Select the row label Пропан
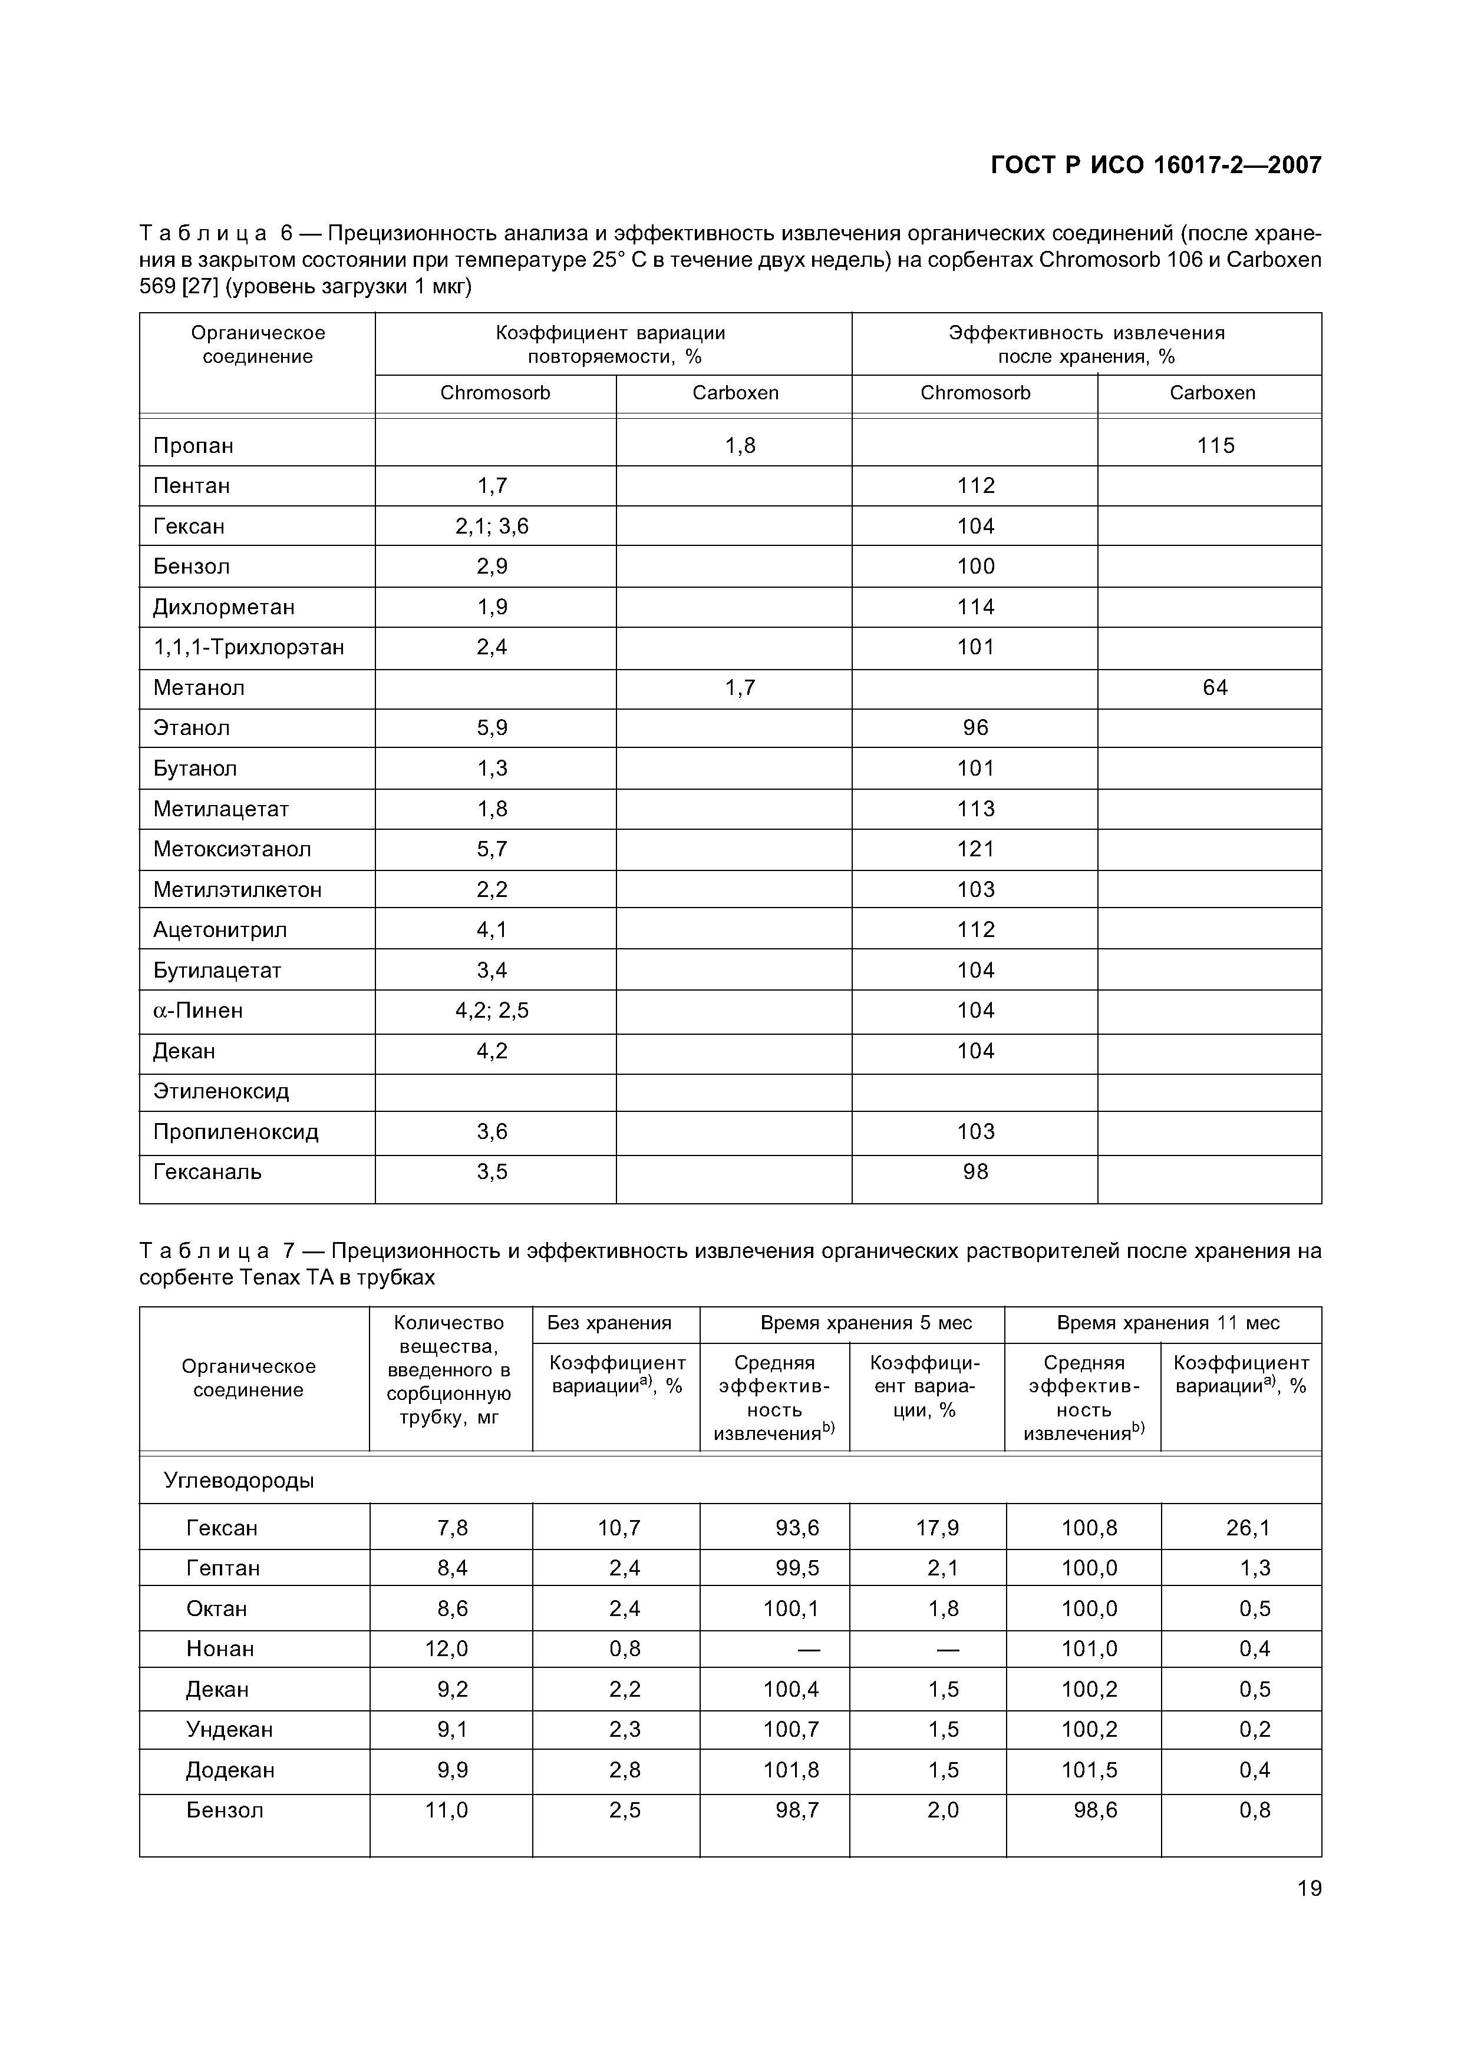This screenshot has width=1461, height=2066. (x=193, y=445)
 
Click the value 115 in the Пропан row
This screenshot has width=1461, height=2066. (x=1215, y=445)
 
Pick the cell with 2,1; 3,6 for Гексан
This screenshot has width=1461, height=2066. (x=492, y=527)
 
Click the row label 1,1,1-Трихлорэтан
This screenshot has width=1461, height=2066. (x=249, y=647)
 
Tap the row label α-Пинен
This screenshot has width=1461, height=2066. (x=198, y=1011)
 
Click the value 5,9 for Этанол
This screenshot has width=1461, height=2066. (x=492, y=727)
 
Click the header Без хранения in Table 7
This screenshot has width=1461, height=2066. (x=609, y=1323)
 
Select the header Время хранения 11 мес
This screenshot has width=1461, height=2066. (x=1168, y=1323)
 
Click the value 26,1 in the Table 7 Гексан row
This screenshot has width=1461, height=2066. (x=1248, y=1528)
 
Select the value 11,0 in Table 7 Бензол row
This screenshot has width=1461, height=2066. (x=447, y=1810)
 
